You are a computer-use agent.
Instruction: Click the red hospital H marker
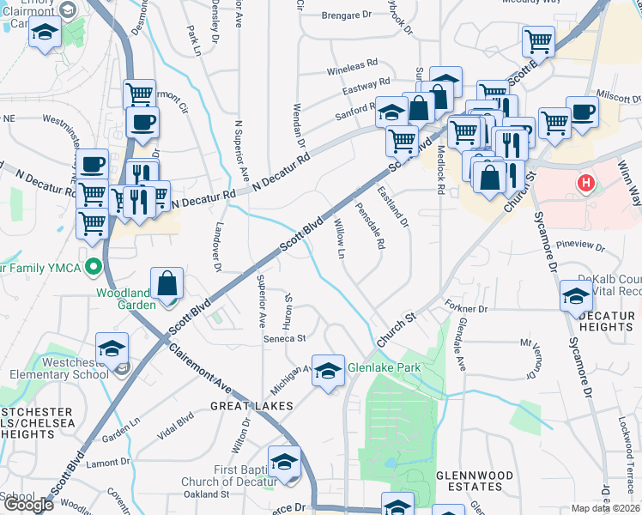[587, 183]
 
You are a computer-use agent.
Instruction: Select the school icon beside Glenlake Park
[327, 371]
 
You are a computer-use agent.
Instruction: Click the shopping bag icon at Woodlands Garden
[167, 283]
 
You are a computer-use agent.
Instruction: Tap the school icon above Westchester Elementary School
[112, 348]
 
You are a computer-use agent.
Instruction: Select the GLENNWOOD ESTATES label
[475, 481]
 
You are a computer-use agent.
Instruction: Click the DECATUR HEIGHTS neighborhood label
[606, 322]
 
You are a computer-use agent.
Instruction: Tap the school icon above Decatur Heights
[575, 297]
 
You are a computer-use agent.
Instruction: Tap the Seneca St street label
[284, 338]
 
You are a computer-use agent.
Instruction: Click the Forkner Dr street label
[466, 306]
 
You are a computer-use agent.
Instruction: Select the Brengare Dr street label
[346, 15]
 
